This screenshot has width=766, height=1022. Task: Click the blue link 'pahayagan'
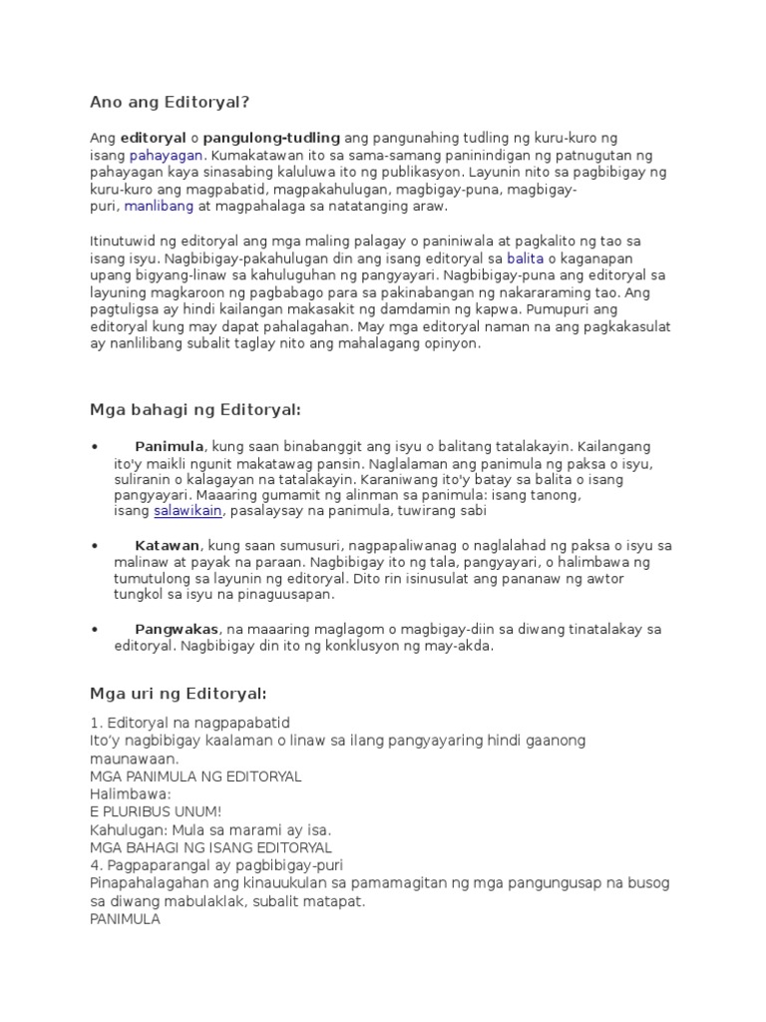pos(166,156)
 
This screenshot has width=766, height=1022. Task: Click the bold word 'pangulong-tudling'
pos(271,137)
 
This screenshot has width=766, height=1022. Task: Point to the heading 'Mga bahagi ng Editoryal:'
pos(194,409)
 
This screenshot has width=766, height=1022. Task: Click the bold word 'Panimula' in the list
pos(170,445)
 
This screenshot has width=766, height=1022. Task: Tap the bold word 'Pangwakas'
pos(177,629)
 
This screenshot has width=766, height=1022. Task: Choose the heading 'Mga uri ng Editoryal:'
pos(178,693)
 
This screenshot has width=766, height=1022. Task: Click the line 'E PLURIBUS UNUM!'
pos(156,811)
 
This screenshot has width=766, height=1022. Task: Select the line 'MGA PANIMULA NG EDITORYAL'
pos(195,775)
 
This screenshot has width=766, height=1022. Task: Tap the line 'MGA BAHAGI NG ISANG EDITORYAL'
pos(210,847)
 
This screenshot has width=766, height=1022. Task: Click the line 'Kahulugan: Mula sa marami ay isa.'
pos(209,829)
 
